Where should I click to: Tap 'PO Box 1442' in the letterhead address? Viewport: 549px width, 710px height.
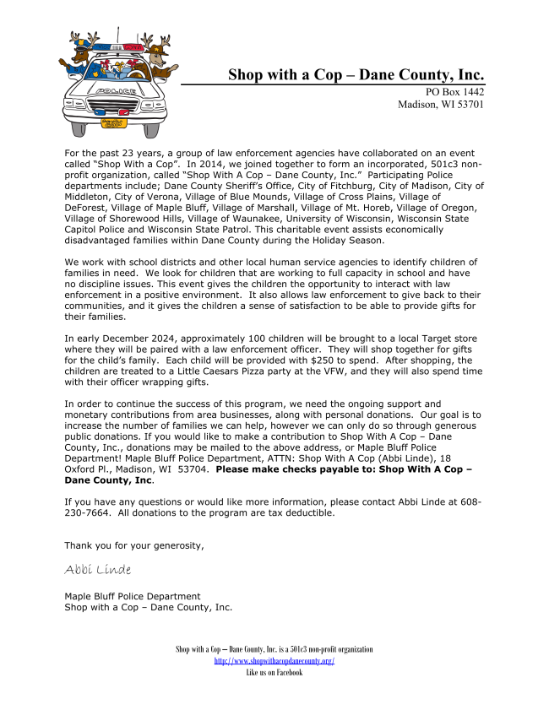[x=454, y=92]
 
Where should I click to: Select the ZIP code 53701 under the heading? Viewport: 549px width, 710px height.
[x=465, y=105]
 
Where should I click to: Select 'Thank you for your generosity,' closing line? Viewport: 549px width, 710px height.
[x=133, y=545]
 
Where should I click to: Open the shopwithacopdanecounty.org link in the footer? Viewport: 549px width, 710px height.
[x=274, y=661]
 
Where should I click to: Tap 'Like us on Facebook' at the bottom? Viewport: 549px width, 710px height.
[x=274, y=673]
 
